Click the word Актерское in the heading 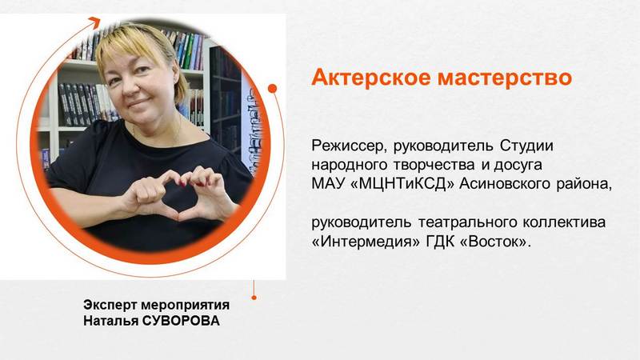[x=370, y=77]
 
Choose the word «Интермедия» [x=366, y=242]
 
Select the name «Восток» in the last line [x=494, y=242]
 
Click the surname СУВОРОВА [x=181, y=321]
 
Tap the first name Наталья [x=110, y=321]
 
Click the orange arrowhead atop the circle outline [x=94, y=22]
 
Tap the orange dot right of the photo [x=273, y=88]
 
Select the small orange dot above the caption [x=254, y=298]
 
